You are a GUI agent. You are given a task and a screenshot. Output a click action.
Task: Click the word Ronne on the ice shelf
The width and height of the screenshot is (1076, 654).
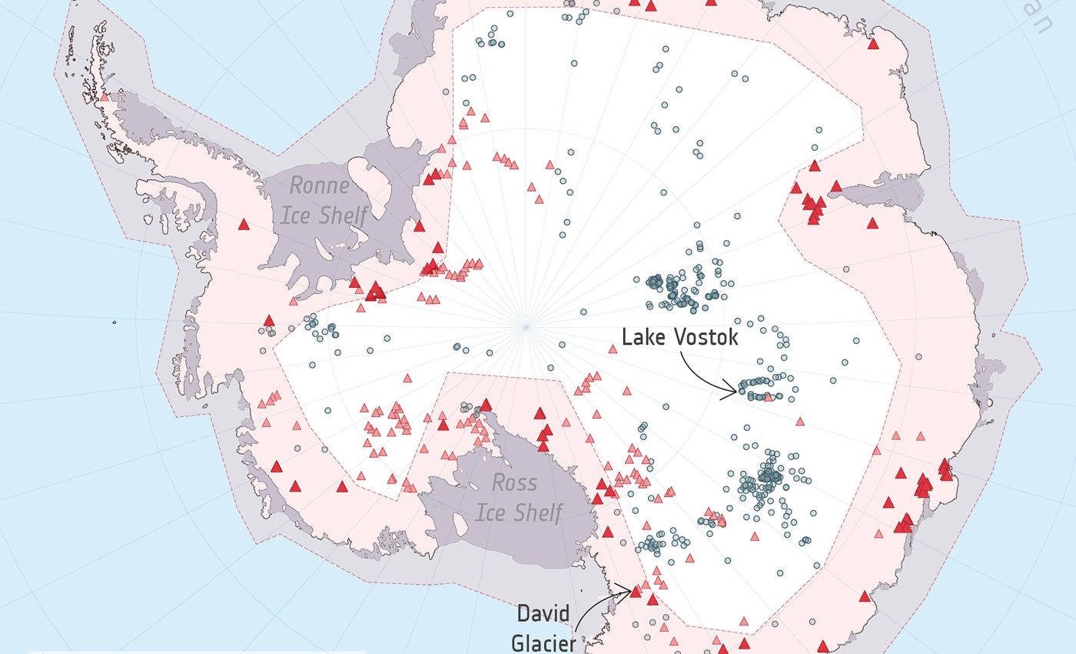click(x=319, y=185)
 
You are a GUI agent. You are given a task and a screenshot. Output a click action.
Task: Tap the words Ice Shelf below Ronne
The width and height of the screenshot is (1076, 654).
click(x=323, y=215)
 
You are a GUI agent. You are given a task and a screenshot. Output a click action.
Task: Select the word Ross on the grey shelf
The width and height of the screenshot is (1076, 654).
click(x=514, y=483)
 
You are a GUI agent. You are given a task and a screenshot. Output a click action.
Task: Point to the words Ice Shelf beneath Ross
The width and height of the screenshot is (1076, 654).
click(x=519, y=512)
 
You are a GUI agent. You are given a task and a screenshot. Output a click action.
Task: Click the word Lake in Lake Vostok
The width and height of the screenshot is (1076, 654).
click(x=644, y=337)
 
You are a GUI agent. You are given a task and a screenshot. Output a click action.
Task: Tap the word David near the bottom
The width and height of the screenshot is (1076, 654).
click(x=543, y=614)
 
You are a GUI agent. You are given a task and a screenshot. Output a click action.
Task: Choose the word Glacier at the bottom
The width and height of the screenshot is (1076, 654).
click(x=543, y=642)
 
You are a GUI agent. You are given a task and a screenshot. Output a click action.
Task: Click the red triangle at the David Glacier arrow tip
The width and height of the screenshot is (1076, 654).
click(x=636, y=591)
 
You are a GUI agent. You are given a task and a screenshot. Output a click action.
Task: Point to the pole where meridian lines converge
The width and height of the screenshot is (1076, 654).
click(x=526, y=327)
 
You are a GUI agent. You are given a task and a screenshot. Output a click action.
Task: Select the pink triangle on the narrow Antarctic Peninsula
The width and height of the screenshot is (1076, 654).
click(x=105, y=97)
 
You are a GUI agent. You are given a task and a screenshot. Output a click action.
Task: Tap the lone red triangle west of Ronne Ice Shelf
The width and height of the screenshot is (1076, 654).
click(x=244, y=225)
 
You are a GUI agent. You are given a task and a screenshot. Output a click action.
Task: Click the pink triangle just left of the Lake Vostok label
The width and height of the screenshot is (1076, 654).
click(x=613, y=349)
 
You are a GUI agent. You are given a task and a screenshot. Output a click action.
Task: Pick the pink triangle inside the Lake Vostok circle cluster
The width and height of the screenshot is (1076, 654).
click(x=769, y=397)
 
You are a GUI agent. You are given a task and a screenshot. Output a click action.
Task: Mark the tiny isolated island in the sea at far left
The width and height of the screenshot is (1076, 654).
click(x=115, y=322)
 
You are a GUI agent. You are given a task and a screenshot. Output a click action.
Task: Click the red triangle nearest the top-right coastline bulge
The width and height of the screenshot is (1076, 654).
click(x=873, y=44)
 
